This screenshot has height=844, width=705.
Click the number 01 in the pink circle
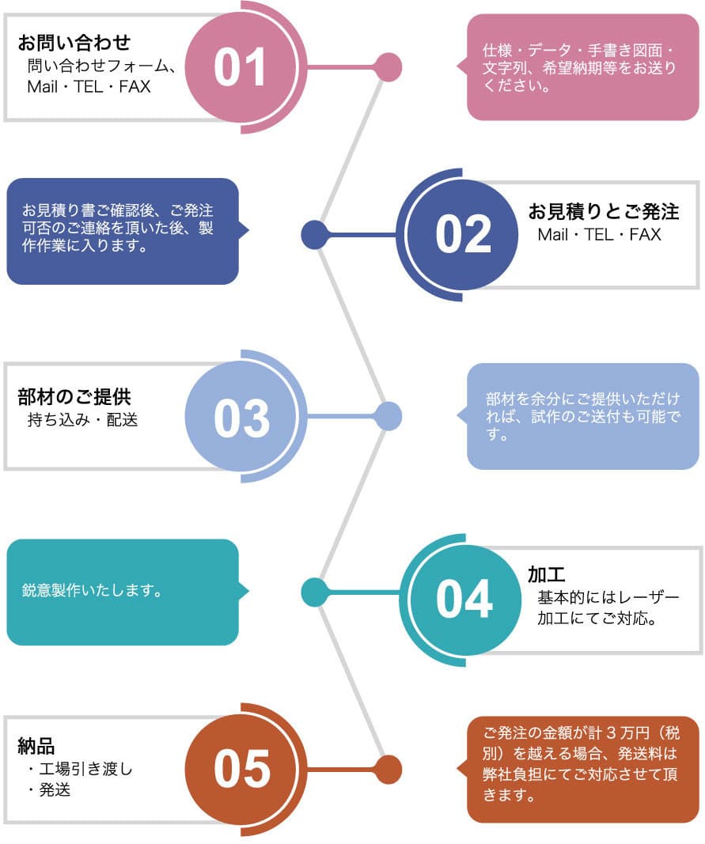(241, 68)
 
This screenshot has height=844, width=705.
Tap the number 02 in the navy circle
(464, 235)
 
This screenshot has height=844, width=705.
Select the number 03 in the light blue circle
(241, 418)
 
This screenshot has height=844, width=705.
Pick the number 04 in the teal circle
(464, 599)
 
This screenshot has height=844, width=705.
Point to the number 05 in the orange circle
(241, 770)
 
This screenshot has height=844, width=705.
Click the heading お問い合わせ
(74, 42)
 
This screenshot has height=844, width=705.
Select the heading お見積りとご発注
(604, 211)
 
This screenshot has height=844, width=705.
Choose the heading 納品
(36, 745)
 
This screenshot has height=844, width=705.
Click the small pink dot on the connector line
(388, 67)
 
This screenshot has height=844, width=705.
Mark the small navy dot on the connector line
(315, 235)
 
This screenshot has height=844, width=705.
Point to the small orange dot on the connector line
(388, 769)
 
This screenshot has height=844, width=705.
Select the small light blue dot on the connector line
(388, 416)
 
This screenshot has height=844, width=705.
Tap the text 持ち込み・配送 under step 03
(82, 420)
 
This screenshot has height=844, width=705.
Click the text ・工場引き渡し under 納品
(79, 768)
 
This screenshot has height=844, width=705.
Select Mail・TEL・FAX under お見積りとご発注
(599, 235)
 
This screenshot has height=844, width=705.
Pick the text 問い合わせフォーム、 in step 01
(100, 66)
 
